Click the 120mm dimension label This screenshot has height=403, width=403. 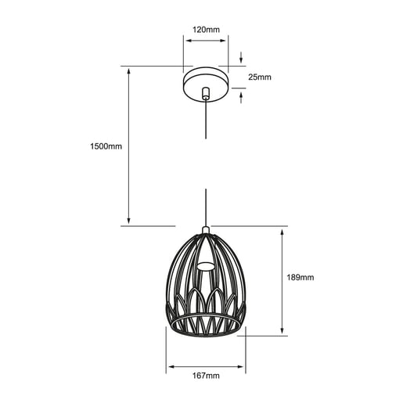206,30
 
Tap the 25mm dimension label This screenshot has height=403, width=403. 260,77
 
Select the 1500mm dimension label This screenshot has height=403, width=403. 106,146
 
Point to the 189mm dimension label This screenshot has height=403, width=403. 300,277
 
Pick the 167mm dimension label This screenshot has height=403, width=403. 206,376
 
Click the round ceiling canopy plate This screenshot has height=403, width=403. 206,84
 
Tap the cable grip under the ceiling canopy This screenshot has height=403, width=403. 206,93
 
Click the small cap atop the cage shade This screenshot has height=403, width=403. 206,229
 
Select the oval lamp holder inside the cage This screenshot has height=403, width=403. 206,266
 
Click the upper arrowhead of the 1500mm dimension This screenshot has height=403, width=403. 128,71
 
